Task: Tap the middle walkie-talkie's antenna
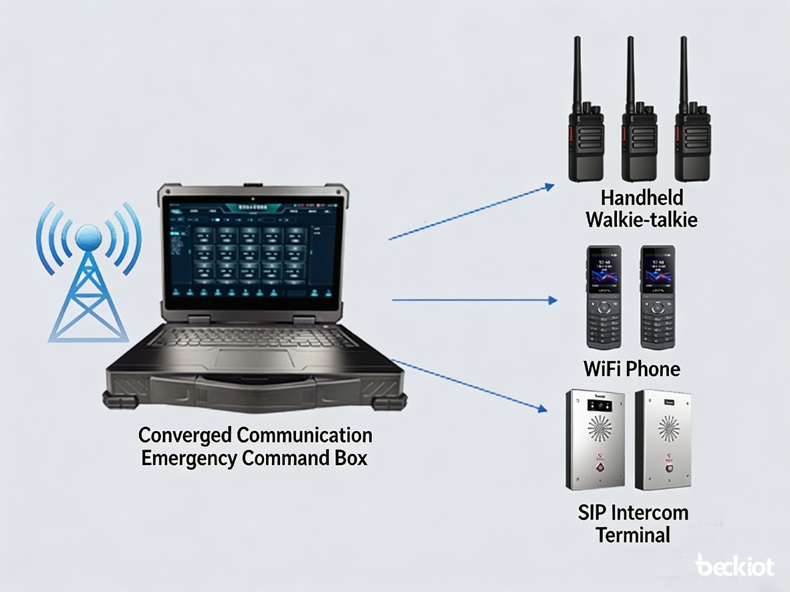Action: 630,67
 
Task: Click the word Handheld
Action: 642,198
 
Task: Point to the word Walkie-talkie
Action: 642,219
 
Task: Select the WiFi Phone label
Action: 632,369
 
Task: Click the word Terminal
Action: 633,535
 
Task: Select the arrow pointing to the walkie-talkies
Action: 471,212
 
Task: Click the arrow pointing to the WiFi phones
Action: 475,301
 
